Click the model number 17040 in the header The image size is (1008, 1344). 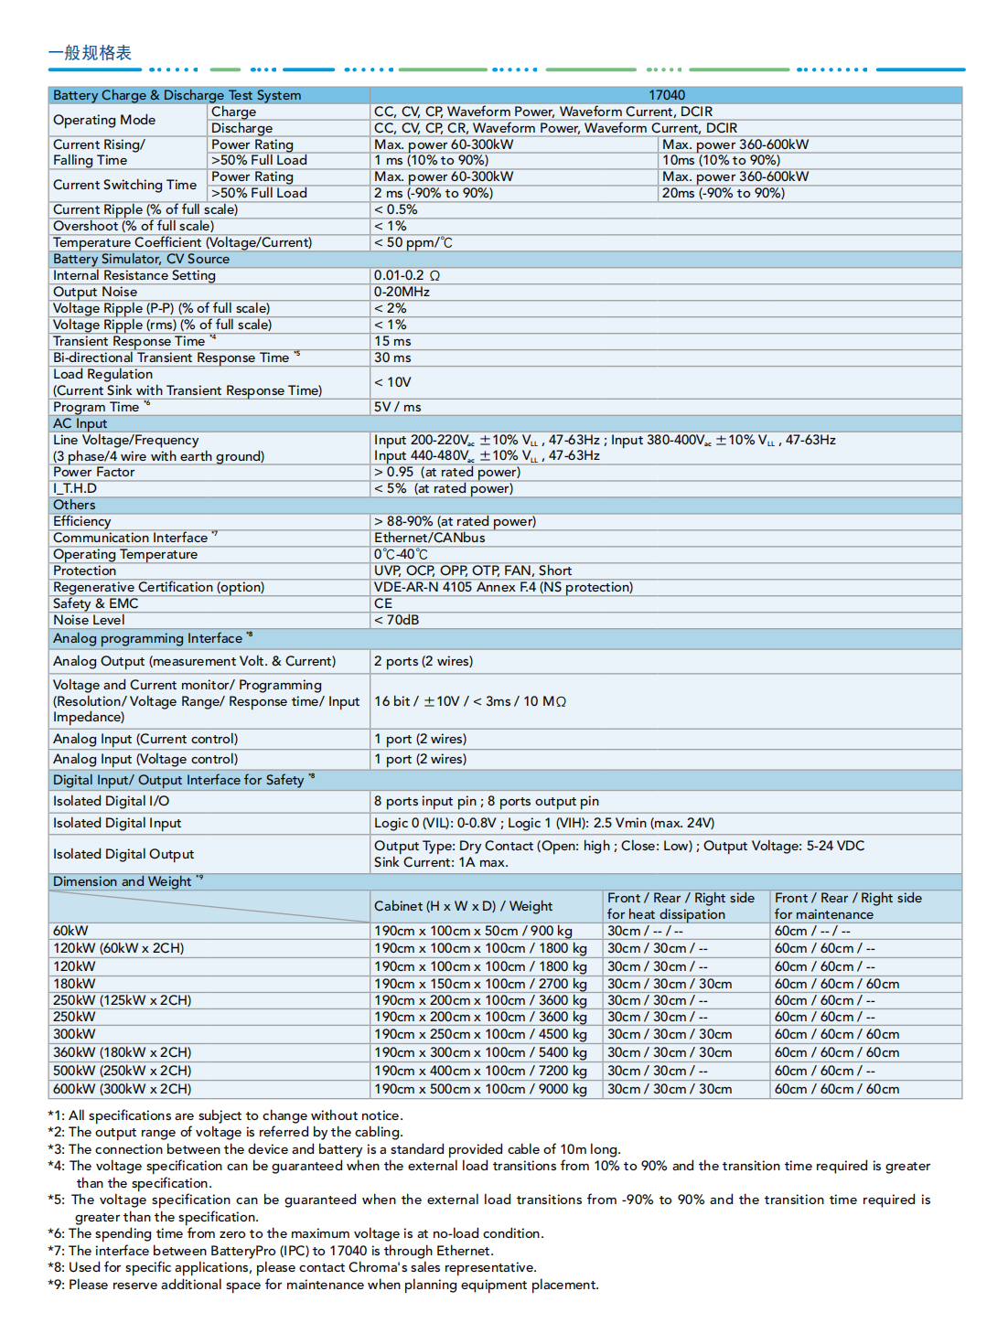(667, 95)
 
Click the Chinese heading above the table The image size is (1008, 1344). (90, 53)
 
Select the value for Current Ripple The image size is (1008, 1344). (395, 209)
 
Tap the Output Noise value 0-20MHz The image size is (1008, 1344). (402, 292)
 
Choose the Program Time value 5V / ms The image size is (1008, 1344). (397, 407)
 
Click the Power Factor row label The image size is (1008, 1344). (93, 472)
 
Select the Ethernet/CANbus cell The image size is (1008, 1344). (429, 538)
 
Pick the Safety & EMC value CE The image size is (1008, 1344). (383, 603)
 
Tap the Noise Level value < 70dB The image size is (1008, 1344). (396, 620)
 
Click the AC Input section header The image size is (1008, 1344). (80, 423)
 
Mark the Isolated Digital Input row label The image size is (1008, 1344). (117, 823)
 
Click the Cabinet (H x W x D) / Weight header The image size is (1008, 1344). (463, 906)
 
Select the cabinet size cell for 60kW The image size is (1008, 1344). (473, 931)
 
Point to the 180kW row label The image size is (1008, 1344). (74, 984)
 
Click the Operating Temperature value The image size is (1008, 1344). (401, 554)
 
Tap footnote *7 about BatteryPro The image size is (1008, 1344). (271, 1251)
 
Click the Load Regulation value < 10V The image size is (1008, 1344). (392, 382)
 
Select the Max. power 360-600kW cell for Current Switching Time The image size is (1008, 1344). (735, 176)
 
